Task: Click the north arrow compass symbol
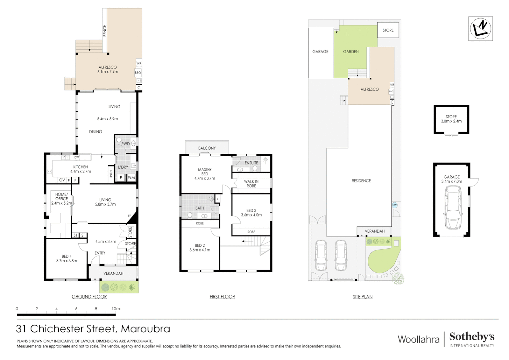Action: (x=480, y=29)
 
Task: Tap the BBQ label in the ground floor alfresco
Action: (x=138, y=73)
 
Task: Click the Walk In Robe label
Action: (x=251, y=184)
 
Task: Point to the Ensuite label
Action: (x=251, y=163)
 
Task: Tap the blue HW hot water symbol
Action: (x=394, y=205)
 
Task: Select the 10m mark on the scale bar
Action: (x=116, y=309)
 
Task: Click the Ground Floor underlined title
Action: (x=89, y=297)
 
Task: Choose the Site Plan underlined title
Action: (x=362, y=297)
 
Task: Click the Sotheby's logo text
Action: (x=472, y=337)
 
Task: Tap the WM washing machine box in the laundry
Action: (x=131, y=178)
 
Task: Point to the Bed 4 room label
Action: (x=67, y=258)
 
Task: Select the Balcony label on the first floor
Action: (x=207, y=148)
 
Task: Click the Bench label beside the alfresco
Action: (x=105, y=30)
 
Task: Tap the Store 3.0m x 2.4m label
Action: (x=451, y=119)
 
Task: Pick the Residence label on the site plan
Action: (x=361, y=181)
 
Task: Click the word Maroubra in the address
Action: (x=145, y=329)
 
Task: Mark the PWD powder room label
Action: (x=125, y=144)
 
